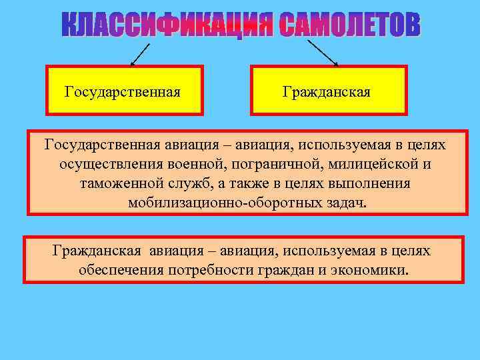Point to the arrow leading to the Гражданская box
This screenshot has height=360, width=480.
322,52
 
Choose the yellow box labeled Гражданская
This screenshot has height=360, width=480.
327,90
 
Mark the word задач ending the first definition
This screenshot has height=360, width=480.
348,203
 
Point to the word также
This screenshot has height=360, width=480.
260,183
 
